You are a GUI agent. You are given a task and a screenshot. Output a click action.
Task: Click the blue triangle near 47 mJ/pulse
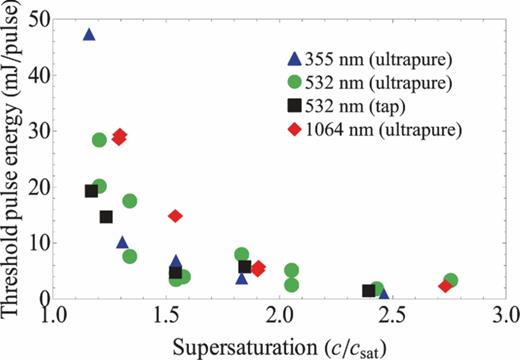point(89,34)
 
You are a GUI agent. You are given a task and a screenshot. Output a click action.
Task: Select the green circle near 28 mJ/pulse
point(99,140)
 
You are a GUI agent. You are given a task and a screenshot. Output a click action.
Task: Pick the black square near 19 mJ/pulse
point(91,191)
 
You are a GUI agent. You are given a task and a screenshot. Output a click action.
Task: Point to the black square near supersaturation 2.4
point(369,291)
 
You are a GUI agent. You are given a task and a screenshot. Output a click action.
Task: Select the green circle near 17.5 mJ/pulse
point(129,201)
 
